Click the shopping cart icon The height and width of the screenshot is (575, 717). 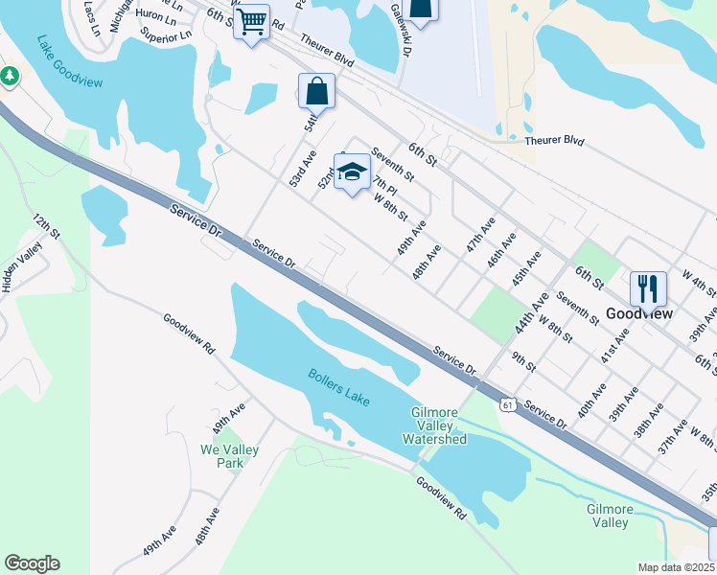click(251, 19)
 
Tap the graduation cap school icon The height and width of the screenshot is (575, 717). click(352, 171)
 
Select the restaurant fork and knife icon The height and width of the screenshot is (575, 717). click(648, 287)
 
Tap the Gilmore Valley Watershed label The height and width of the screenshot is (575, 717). click(438, 425)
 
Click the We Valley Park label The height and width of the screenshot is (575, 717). click(222, 455)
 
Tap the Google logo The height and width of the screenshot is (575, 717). click(32, 563)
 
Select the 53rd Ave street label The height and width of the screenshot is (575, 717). click(303, 169)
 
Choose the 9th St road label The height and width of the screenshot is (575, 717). click(523, 360)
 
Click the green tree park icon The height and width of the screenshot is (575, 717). click(10, 75)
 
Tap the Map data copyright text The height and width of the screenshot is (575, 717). click(677, 567)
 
